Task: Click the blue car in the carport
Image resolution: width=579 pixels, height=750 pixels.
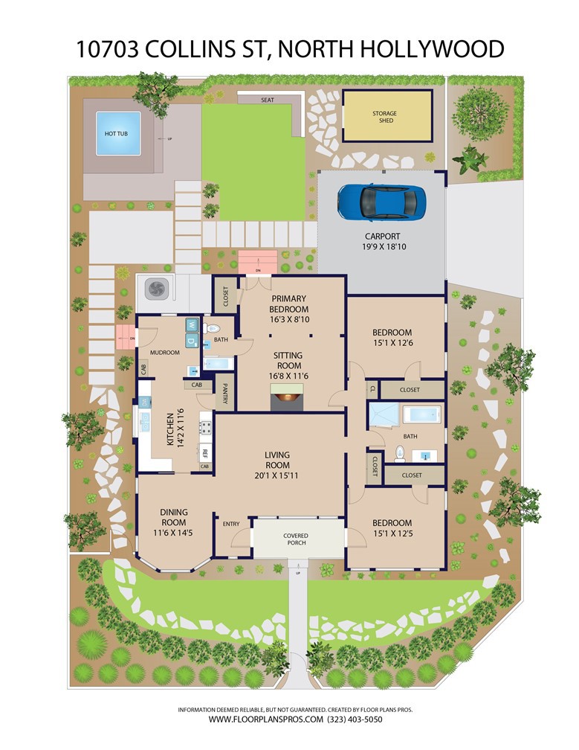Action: tap(382, 202)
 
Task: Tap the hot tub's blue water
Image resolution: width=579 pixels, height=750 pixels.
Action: tap(118, 133)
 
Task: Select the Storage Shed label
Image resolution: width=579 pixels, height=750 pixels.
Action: tap(385, 117)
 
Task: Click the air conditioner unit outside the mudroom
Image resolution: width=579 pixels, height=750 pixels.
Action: tap(155, 288)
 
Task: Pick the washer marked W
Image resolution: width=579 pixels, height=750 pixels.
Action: tap(192, 325)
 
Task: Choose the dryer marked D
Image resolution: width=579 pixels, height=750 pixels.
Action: tap(192, 341)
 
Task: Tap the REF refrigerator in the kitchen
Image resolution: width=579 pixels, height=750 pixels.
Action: tap(205, 452)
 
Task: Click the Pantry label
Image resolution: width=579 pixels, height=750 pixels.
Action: tap(225, 393)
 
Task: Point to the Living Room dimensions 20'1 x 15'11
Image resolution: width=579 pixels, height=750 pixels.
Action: tap(277, 475)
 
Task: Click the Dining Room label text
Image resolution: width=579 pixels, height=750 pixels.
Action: tap(173, 517)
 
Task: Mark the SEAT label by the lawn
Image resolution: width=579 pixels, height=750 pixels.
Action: tap(268, 100)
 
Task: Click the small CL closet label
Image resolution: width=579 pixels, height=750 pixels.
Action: tap(373, 388)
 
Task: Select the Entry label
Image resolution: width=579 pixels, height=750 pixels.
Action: tap(231, 524)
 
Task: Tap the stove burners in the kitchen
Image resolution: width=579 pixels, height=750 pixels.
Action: tap(206, 427)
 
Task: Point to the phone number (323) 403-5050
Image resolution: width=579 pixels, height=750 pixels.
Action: tap(355, 719)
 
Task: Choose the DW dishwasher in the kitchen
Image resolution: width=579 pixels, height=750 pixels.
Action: tap(143, 402)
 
